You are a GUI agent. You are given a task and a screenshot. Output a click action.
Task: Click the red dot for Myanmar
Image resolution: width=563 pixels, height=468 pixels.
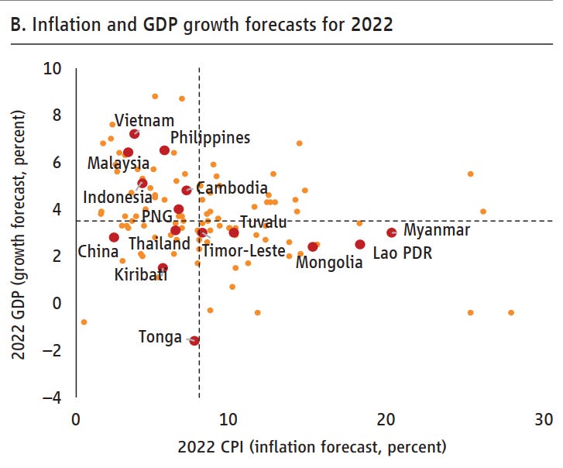(392, 232)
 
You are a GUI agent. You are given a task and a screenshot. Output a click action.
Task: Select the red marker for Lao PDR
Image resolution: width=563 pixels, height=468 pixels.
(360, 244)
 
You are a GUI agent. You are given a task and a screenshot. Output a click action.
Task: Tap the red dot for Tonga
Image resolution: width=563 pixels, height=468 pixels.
(194, 340)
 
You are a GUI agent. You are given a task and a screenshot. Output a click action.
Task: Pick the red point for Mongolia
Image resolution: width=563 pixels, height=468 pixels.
(313, 246)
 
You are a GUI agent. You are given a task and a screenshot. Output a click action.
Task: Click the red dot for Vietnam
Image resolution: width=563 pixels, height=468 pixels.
(134, 134)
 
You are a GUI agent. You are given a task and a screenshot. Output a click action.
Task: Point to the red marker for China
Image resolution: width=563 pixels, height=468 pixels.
(114, 237)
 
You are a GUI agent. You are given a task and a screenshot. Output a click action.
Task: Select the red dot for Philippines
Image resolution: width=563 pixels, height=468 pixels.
(164, 150)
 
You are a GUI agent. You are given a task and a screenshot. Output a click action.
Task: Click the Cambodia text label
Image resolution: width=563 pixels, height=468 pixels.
(232, 188)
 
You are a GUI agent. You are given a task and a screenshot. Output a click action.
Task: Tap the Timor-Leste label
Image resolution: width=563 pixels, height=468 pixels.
(243, 249)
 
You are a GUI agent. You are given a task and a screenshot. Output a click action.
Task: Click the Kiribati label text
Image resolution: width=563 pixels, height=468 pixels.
(141, 274)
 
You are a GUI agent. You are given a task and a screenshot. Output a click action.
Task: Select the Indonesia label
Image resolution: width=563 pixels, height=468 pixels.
(118, 198)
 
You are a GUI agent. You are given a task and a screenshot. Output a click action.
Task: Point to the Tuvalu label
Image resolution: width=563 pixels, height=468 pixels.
(263, 222)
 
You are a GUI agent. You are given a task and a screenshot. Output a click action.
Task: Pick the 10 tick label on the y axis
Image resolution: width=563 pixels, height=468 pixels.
(52, 68)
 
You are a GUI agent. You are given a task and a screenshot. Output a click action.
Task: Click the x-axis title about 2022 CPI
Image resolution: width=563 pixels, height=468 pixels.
(312, 447)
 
